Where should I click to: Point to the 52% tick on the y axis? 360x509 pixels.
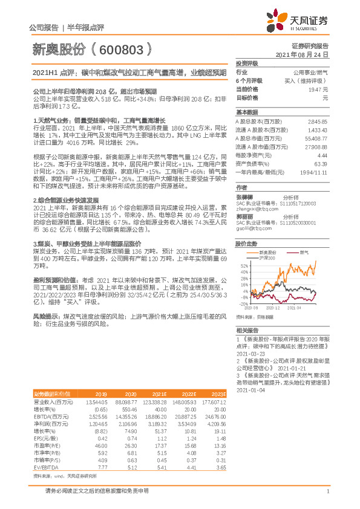click(x=244, y=265)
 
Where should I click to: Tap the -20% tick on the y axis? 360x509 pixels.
click(x=243, y=303)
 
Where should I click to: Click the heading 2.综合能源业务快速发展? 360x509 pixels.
click(x=65, y=199)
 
